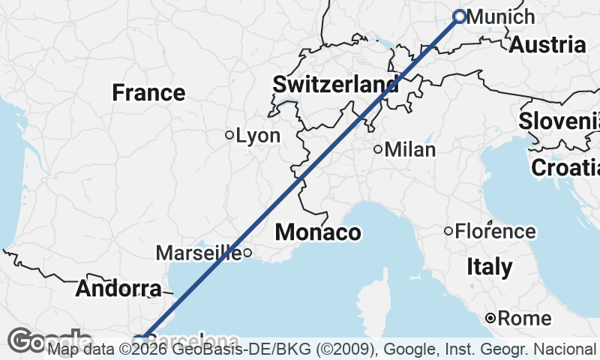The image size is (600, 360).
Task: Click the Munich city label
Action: tap(500, 16)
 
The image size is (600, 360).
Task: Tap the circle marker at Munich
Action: tap(460, 16)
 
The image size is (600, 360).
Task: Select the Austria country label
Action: tap(547, 44)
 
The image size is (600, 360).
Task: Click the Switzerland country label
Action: tap(335, 84)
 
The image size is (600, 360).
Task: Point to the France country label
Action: tap(148, 93)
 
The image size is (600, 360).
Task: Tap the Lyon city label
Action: tap(258, 136)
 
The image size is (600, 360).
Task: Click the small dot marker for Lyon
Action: tap(229, 135)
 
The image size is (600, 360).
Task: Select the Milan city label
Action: tap(409, 149)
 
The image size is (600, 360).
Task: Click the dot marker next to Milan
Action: tap(378, 149)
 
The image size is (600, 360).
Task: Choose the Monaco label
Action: tap(317, 232)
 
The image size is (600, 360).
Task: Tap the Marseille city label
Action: tap(198, 253)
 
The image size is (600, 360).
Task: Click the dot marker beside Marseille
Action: tap(247, 253)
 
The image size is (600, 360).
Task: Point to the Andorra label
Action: tap(118, 289)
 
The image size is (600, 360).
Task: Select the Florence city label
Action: tap(495, 231)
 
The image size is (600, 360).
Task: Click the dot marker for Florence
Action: tap(448, 231)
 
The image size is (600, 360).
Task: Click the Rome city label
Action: tap(524, 319)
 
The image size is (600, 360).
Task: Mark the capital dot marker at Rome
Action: tap(490, 319)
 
